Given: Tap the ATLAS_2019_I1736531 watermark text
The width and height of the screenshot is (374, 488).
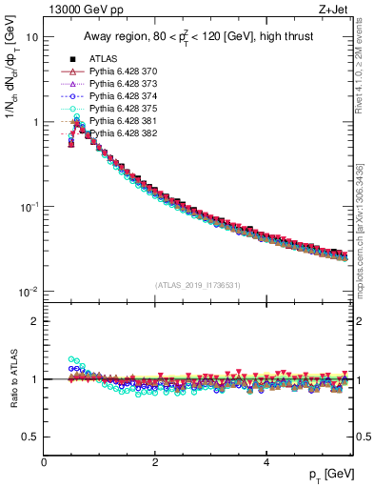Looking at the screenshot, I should click(198, 284).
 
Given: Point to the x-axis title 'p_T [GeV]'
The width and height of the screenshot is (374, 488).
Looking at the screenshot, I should click(328, 474).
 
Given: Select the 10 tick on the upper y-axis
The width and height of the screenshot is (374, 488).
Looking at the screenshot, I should click(31, 37).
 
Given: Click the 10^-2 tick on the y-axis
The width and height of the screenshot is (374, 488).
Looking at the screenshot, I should click(29, 291).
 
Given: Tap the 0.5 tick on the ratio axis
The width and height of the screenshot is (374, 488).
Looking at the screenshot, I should click(31, 437).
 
